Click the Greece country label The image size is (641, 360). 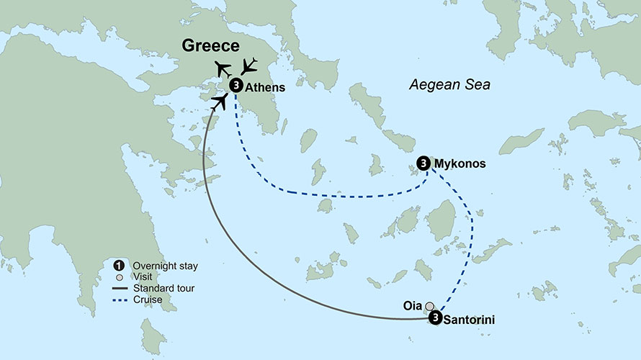pos(210,46)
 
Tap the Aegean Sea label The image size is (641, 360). pos(449,85)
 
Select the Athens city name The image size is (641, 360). pos(266,86)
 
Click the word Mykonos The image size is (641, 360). pos(460,164)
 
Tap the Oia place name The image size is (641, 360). pos(412,306)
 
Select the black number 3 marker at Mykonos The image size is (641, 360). pos(423,164)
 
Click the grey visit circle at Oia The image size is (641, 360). pos(430,306)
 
